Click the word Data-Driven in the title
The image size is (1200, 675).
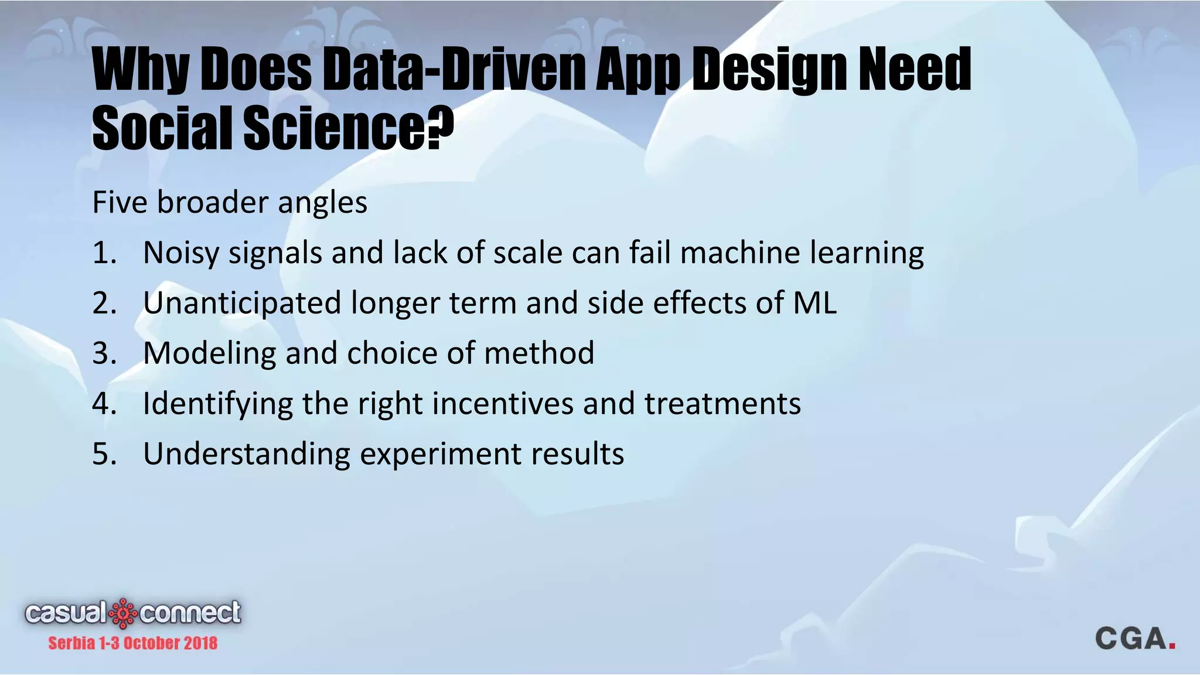(455, 70)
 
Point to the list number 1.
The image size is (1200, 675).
(104, 253)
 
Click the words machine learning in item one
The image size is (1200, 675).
(802, 253)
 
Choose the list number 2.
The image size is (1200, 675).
(104, 304)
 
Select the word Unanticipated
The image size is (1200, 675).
(242, 304)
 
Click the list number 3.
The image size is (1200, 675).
(104, 354)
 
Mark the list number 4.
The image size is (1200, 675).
(104, 404)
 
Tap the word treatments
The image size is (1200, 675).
(722, 404)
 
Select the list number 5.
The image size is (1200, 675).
(104, 455)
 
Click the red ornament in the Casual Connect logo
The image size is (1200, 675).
(123, 613)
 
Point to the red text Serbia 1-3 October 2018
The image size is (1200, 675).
(132, 643)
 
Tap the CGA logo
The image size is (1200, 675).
(1134, 639)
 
